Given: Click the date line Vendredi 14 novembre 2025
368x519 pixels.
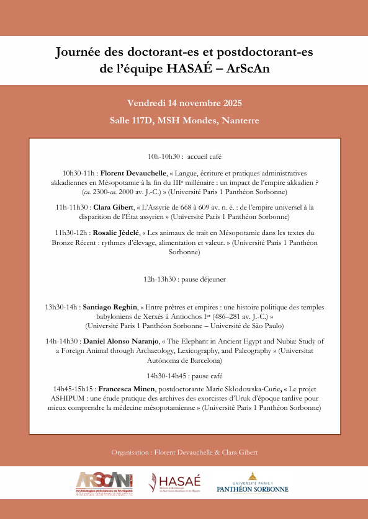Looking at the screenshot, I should [x=184, y=103].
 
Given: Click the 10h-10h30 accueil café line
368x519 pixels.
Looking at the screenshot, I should [x=184, y=156].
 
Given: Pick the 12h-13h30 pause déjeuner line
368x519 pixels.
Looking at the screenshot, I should [x=184, y=279].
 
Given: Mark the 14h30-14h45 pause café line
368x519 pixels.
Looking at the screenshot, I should [x=184, y=376].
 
